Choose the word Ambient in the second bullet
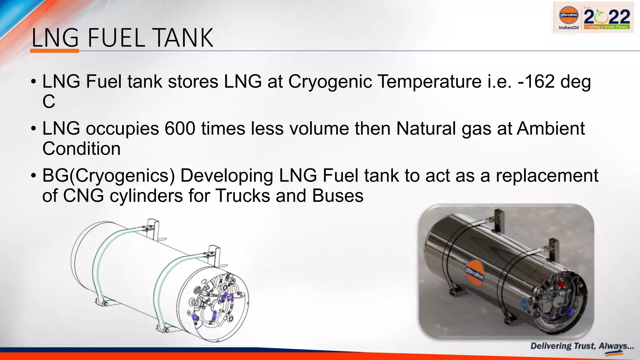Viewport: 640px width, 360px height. pyautogui.click(x=551, y=128)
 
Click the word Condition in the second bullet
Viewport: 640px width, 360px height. pyautogui.click(x=81, y=148)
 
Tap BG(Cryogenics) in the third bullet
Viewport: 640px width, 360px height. pyautogui.click(x=108, y=176)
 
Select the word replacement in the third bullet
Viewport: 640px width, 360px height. pyautogui.click(x=547, y=176)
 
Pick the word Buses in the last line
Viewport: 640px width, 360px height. pyautogui.click(x=337, y=196)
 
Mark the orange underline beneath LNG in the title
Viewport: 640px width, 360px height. pyautogui.click(x=55, y=51)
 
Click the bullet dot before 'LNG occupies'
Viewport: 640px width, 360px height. pyautogui.click(x=33, y=129)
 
